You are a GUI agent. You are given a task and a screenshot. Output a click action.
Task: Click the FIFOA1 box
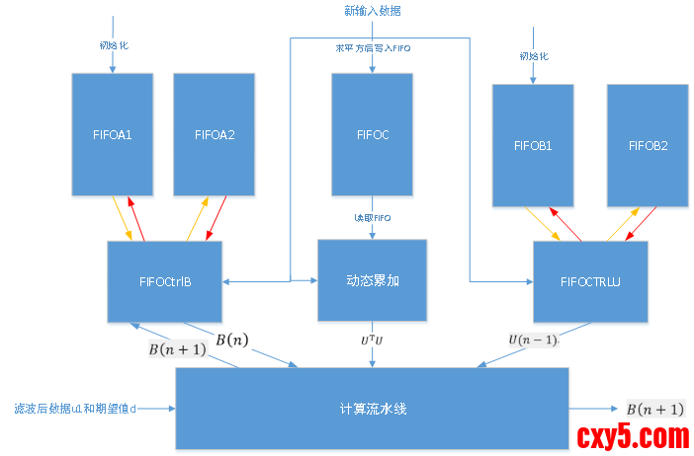[113, 135]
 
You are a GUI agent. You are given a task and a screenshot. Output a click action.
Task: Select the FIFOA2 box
[215, 135]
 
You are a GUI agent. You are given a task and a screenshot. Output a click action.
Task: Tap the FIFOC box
[372, 135]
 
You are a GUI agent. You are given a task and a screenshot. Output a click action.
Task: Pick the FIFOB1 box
[533, 146]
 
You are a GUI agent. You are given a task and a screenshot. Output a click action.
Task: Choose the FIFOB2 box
[648, 146]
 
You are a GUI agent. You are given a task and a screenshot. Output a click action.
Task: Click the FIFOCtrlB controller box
[165, 281]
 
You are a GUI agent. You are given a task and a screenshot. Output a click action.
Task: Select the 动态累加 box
[372, 280]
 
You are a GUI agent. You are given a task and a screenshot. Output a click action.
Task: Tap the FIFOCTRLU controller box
[590, 282]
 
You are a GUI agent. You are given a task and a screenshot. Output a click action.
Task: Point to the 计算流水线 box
[372, 408]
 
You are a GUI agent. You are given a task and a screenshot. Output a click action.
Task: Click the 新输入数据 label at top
[373, 11]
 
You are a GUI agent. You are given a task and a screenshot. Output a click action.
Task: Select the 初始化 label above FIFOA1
[113, 44]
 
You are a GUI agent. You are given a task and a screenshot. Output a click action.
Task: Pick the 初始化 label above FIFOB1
[533, 56]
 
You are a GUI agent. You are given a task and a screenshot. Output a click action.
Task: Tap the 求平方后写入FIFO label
[373, 48]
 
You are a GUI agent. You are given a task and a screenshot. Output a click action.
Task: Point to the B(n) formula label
[233, 340]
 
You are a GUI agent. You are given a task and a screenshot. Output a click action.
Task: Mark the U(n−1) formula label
[533, 340]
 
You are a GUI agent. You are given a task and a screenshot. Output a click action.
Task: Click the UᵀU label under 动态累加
[372, 340]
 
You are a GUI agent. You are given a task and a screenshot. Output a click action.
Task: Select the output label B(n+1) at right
[654, 409]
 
